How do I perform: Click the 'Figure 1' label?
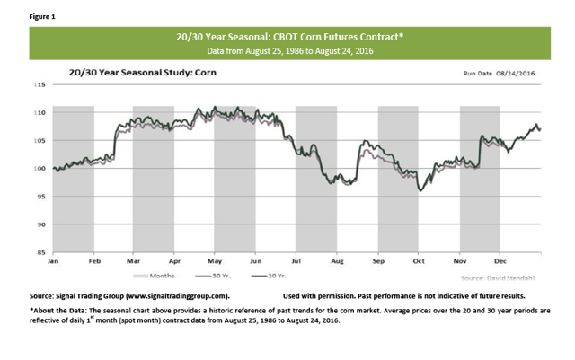pyautogui.click(x=28, y=15)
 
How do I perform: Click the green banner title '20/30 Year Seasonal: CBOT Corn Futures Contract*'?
pyautogui.click(x=287, y=38)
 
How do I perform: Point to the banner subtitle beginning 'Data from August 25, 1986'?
pyautogui.click(x=287, y=53)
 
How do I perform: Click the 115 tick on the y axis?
pyautogui.click(x=40, y=84)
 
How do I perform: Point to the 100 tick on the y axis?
pyautogui.click(x=40, y=169)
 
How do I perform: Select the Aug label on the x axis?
pyautogui.click(x=338, y=262)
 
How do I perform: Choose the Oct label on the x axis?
pyautogui.click(x=419, y=262)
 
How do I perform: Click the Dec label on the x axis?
pyautogui.click(x=500, y=262)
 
